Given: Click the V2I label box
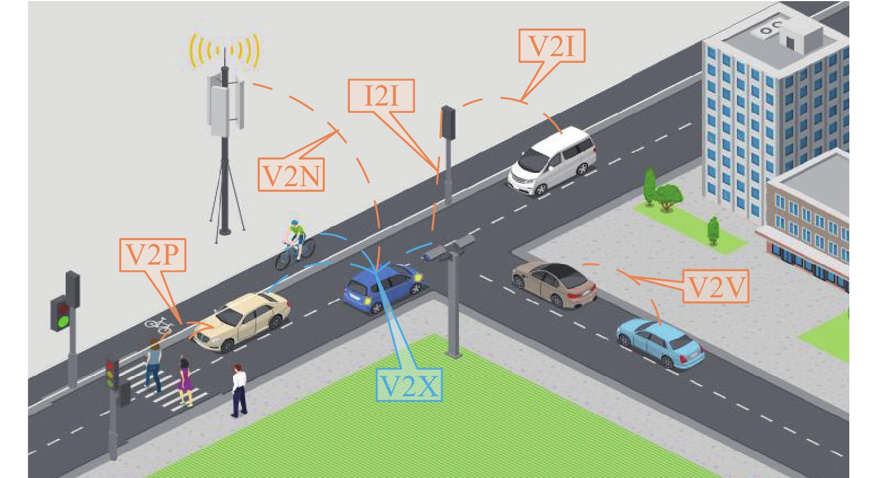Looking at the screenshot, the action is pyautogui.click(x=552, y=46).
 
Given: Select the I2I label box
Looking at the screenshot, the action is pyautogui.click(x=381, y=96).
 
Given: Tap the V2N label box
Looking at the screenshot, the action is pyautogui.click(x=291, y=175).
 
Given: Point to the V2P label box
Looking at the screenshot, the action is pyautogui.click(x=152, y=255).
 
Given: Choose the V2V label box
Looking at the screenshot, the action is pyautogui.click(x=715, y=287).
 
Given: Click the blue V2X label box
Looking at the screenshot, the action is pyautogui.click(x=409, y=385).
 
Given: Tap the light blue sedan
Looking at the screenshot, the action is pyautogui.click(x=660, y=341).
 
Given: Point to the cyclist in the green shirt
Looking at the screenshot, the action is pyautogui.click(x=295, y=245).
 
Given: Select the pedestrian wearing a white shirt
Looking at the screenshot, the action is pyautogui.click(x=239, y=389).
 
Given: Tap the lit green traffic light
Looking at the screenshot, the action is pyautogui.click(x=61, y=321).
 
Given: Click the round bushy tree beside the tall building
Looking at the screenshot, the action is pyautogui.click(x=668, y=196).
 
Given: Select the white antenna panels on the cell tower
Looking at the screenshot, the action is pyautogui.click(x=225, y=106).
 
